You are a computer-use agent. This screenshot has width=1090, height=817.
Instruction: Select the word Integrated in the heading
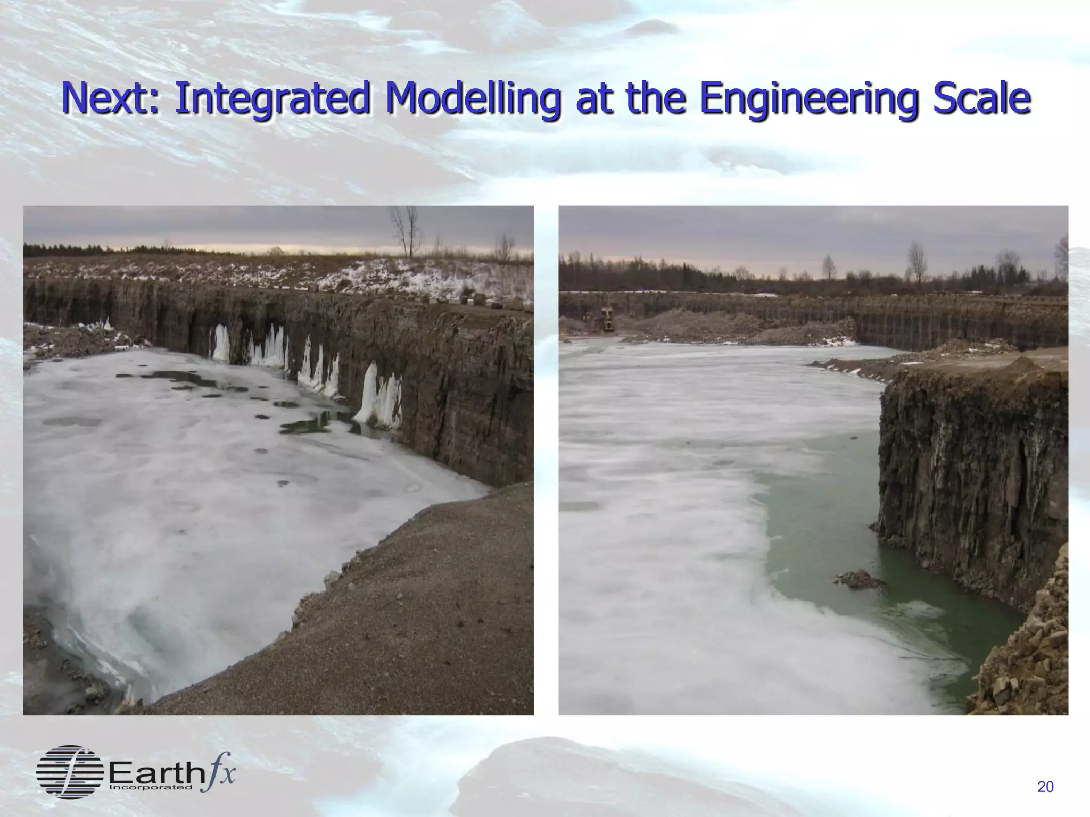[x=271, y=99]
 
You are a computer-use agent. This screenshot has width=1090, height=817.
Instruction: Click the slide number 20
[x=1045, y=787]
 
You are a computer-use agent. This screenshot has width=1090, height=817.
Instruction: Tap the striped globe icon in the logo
[x=70, y=772]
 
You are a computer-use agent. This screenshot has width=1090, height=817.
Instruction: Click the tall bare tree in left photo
[x=407, y=231]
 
